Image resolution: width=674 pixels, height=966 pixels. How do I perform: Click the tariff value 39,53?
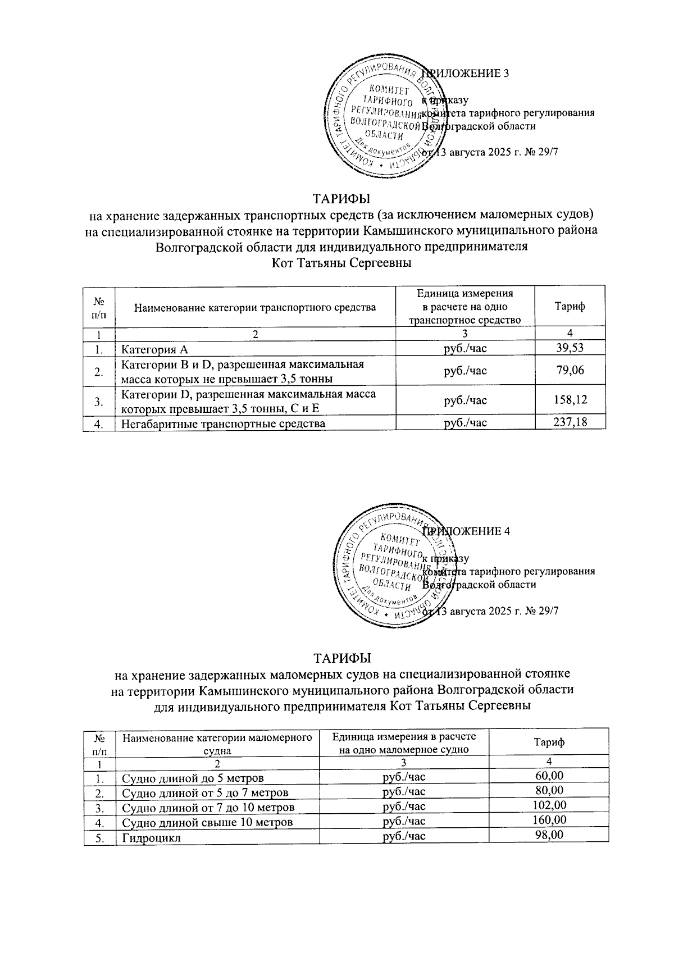click(x=570, y=348)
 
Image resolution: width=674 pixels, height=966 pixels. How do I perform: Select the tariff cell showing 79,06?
click(x=570, y=370)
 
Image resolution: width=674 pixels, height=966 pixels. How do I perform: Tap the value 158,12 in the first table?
click(x=570, y=400)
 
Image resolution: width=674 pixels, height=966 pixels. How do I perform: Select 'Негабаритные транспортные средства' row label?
click(x=224, y=423)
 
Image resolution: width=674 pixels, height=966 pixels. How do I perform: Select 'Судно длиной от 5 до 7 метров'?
click(x=205, y=792)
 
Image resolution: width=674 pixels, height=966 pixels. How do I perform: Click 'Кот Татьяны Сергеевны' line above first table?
click(x=341, y=263)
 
